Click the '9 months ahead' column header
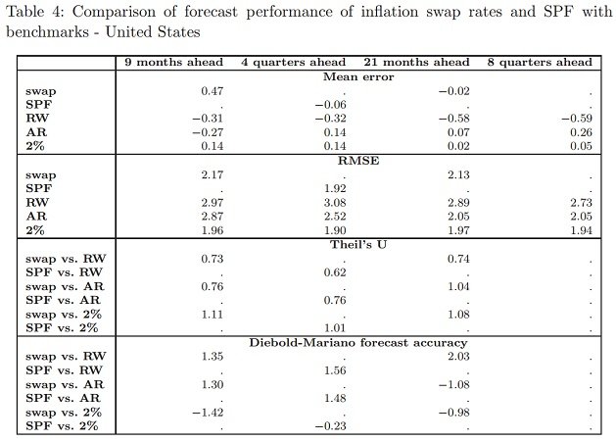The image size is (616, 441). (x=173, y=62)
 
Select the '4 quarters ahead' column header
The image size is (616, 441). (x=293, y=62)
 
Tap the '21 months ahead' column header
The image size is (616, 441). (x=416, y=62)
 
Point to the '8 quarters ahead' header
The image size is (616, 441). (x=540, y=62)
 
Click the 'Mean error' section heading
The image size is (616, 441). (x=358, y=76)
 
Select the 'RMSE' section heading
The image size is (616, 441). (x=358, y=161)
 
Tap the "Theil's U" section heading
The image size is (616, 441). (x=358, y=244)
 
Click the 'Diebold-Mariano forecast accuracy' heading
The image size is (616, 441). (x=358, y=342)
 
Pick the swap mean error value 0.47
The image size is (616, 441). (x=213, y=91)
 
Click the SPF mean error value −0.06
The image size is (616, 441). (x=330, y=105)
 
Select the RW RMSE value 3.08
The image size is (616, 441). (x=335, y=203)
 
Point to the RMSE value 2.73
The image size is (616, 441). (x=581, y=203)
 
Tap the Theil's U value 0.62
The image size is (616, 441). (x=335, y=272)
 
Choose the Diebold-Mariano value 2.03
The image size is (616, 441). (x=458, y=356)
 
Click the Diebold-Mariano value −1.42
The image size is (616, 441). (x=208, y=413)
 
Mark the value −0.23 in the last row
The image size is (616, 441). (x=330, y=426)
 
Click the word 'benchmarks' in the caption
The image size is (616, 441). (x=48, y=31)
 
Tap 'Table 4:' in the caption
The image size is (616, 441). (x=35, y=12)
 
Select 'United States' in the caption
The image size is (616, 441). (x=153, y=31)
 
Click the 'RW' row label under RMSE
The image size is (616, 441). (x=37, y=203)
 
